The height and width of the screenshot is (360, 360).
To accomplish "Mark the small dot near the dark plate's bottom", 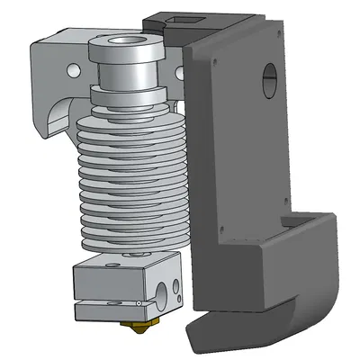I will click(x=217, y=215).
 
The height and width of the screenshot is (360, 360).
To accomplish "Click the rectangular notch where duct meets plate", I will click(x=293, y=220).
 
